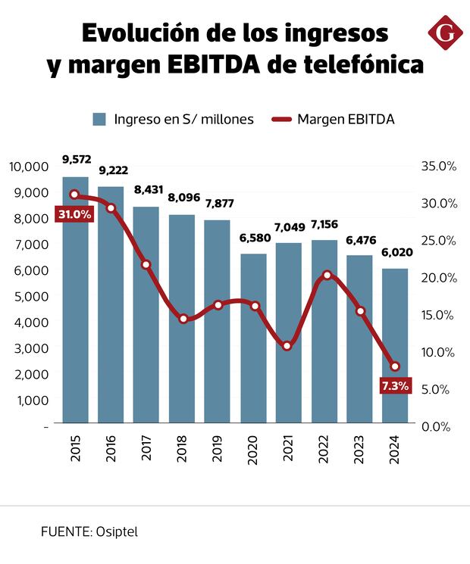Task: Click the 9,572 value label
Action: point(77,159)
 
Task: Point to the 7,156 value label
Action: point(324,224)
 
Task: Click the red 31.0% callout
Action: point(74,214)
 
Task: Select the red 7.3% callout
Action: point(395,386)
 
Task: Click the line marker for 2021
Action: point(287,346)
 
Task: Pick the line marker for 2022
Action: point(327,275)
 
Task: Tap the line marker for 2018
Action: point(183,319)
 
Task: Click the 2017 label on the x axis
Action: point(147,449)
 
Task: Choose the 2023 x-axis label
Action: point(360,449)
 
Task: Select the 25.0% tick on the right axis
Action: point(438,241)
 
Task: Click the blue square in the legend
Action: point(99,119)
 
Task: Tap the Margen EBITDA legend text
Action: point(345,119)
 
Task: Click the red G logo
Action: point(446,33)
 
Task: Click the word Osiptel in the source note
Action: point(117,531)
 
